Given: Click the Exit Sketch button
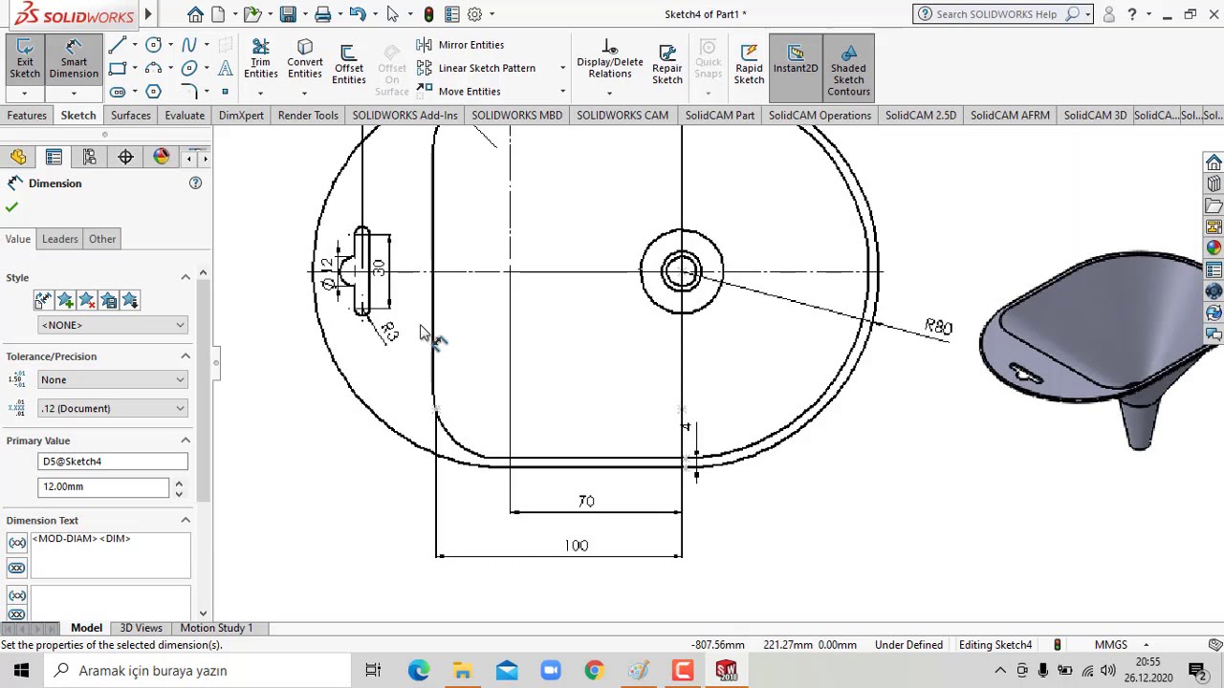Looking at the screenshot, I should [x=25, y=59].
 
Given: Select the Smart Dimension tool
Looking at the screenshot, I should [x=74, y=59].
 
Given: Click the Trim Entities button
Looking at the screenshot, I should [x=260, y=59].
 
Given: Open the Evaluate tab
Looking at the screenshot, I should [x=185, y=116].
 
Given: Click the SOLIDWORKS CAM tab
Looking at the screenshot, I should [x=622, y=116].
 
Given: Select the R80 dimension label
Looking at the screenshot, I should [x=938, y=327].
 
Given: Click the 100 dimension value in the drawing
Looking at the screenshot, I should [x=576, y=546].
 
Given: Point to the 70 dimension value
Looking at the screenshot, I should [x=586, y=502].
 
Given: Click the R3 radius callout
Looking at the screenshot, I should [x=388, y=331].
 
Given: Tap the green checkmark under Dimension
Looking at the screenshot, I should [x=11, y=207].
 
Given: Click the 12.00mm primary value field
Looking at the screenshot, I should [x=103, y=486].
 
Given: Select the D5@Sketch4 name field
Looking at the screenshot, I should [x=113, y=462].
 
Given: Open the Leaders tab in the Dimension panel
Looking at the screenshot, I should [x=59, y=239].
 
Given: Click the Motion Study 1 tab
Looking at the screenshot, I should [x=216, y=628].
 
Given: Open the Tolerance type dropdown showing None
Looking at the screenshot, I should [x=113, y=380].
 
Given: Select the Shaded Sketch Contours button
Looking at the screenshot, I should [x=848, y=67].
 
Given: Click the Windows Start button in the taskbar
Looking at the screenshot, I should [x=21, y=671].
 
